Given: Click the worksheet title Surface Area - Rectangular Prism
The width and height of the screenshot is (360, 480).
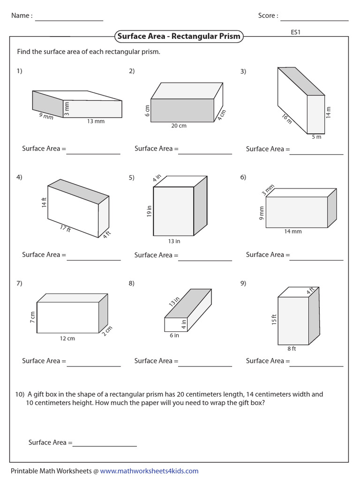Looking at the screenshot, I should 179,36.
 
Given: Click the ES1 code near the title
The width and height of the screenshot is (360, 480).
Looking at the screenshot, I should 295,33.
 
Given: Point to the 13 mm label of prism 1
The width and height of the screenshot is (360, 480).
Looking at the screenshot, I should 96,121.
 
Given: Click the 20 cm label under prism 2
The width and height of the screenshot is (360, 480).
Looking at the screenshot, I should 179,126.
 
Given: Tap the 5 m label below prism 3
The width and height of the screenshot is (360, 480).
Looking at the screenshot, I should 316,137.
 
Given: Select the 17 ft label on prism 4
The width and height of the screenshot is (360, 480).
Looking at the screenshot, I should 65,229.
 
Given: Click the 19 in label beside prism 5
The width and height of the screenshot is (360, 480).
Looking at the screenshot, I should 149,211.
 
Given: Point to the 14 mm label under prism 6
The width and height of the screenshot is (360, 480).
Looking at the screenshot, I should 293,231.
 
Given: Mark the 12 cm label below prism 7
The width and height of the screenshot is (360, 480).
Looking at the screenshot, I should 67,338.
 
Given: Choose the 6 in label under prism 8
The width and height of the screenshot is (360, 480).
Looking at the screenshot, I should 174,335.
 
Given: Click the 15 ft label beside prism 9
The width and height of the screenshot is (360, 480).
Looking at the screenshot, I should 274,320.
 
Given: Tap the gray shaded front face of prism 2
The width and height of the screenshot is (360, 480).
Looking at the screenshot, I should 183,110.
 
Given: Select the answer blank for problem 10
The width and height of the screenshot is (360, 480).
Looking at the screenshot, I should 105,445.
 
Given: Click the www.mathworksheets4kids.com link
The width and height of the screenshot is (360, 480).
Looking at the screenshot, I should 149,471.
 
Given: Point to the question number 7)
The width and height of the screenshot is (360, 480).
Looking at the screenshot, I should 19,283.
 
